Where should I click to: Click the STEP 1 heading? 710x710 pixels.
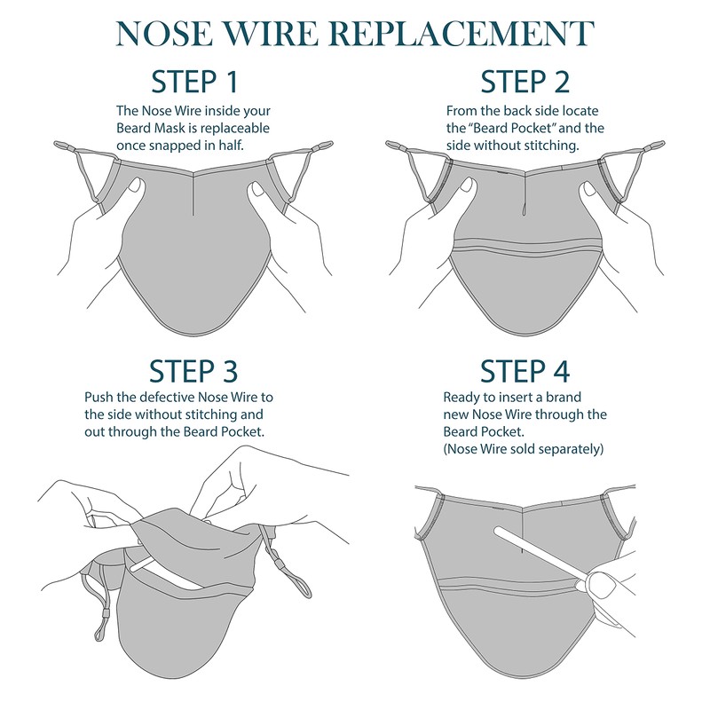pos(195,82)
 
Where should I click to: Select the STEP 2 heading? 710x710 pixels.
pos(525,82)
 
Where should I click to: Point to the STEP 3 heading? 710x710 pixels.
pos(195,371)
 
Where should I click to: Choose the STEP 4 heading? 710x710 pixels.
pos(525,371)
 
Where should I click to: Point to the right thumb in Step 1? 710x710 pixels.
pos(257,190)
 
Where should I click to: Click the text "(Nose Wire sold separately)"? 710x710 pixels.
pos(524,449)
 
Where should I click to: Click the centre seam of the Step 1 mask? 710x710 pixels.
pos(194,190)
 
